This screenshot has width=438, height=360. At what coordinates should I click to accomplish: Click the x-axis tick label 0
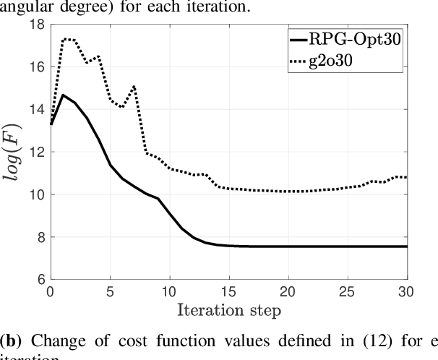pos(50,293)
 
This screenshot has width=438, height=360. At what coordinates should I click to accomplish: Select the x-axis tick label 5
pos(110,293)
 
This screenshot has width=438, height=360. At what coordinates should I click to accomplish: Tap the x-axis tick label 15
pos(228,293)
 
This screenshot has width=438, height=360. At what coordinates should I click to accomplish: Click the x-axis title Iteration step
pos(228,312)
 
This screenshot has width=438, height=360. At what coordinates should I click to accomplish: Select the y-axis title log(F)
pos(14,152)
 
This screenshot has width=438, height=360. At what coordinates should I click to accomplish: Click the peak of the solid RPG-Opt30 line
pos(62,95)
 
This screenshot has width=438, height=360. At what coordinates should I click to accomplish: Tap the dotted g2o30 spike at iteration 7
pos(134,86)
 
